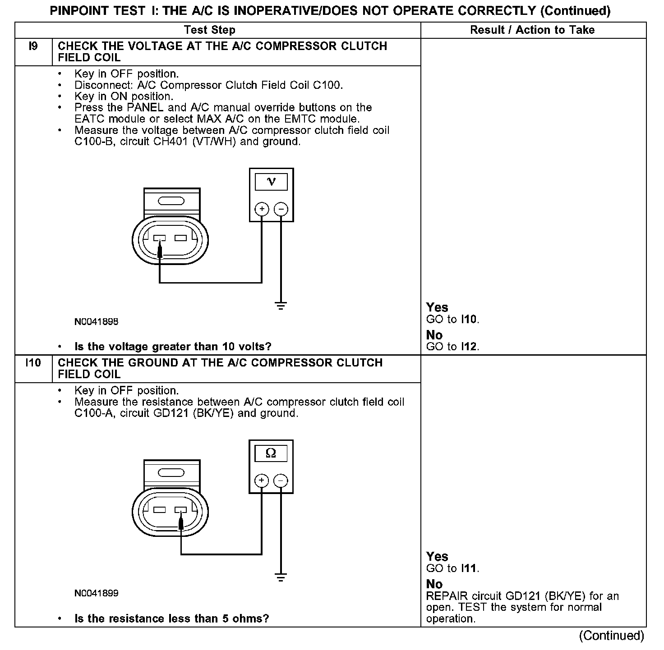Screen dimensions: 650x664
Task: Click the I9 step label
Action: [x=33, y=46]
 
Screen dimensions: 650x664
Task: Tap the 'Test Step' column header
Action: [x=210, y=30]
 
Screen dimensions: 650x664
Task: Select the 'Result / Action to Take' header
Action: [x=532, y=30]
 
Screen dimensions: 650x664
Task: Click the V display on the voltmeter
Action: [x=271, y=182]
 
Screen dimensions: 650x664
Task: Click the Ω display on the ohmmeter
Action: [x=271, y=453]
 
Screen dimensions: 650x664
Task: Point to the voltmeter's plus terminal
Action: [x=262, y=209]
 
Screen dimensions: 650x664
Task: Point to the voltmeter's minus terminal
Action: [x=281, y=209]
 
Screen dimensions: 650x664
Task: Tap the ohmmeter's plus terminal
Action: [x=262, y=481]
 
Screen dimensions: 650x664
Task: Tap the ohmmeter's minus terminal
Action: [x=281, y=481]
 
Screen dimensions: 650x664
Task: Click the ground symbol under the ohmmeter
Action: [x=281, y=578]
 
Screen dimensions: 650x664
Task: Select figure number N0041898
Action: [x=97, y=322]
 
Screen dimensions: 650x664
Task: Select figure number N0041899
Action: [x=97, y=593]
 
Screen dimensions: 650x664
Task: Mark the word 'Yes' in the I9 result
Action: [x=437, y=307]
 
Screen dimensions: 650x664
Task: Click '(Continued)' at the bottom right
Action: [x=612, y=636]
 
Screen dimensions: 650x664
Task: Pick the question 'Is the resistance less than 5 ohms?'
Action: [x=171, y=618]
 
